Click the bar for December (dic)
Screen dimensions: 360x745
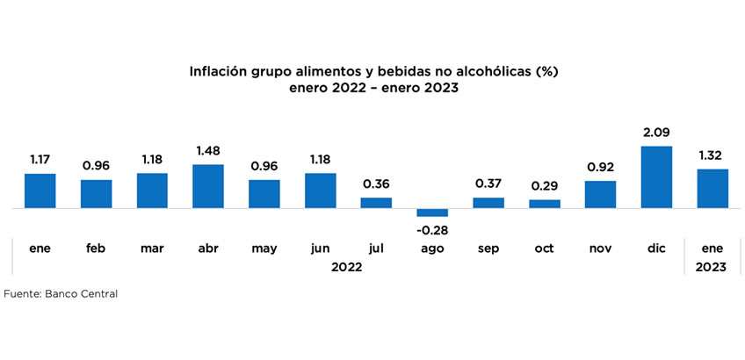656,177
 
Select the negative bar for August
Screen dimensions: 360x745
432,212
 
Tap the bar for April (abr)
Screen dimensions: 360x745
208,186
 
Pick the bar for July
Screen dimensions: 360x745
376,203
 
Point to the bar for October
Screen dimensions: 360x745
545,204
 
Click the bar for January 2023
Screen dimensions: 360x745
712,189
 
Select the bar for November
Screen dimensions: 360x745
600,194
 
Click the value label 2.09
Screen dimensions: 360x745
656,133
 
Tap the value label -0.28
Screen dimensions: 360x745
432,230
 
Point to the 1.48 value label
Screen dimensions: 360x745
208,151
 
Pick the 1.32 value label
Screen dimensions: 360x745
712,155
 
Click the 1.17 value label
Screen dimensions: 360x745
40,160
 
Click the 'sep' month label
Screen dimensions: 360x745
488,248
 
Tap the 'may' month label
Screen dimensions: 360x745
264,248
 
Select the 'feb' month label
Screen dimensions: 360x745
96,248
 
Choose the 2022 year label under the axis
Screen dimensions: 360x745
348,267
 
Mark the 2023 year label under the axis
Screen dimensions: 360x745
712,267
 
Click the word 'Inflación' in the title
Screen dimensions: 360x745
217,70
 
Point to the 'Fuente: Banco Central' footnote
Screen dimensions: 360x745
61,294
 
